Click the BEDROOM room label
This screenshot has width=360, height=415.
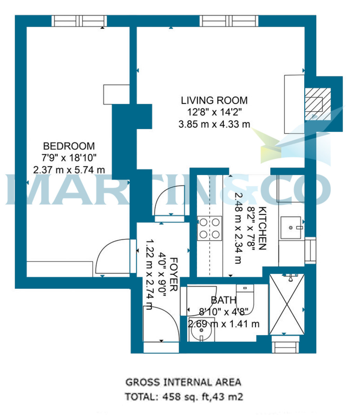pyautogui.click(x=69, y=146)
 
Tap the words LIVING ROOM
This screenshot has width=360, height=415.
pyautogui.click(x=214, y=100)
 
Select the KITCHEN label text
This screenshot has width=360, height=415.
pyautogui.click(x=262, y=228)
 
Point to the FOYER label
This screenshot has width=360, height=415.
pyautogui.click(x=174, y=275)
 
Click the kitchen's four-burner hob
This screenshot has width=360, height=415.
pyautogui.click(x=210, y=228)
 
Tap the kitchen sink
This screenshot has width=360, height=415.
pyautogui.click(x=291, y=228)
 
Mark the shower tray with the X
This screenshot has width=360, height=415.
pyautogui.click(x=287, y=304)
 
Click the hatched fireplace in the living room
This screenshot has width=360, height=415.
pyautogui.click(x=318, y=104)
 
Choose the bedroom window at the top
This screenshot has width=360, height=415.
pyautogui.click(x=79, y=21)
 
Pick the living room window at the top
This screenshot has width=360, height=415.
pyautogui.click(x=229, y=21)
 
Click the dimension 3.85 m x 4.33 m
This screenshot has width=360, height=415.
pyautogui.click(x=214, y=124)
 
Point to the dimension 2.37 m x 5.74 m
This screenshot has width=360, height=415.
pyautogui.click(x=69, y=170)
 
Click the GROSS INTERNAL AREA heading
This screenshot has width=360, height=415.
pyautogui.click(x=183, y=382)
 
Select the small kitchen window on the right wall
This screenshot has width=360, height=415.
pyautogui.click(x=310, y=250)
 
